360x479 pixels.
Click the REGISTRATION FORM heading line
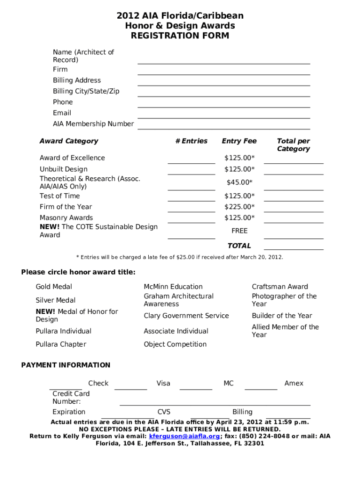click(x=180, y=36)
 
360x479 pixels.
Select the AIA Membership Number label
click(x=93, y=124)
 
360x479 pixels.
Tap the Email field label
click(x=62, y=113)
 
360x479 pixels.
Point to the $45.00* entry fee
click(x=239, y=182)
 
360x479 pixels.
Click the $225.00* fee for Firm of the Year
click(x=239, y=207)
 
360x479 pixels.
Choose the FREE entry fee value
click(x=239, y=231)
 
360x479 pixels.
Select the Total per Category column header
click(x=293, y=145)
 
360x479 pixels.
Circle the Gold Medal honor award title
click(x=54, y=287)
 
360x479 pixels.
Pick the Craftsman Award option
click(x=280, y=287)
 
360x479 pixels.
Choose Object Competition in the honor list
click(x=175, y=344)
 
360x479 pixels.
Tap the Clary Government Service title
click(x=186, y=316)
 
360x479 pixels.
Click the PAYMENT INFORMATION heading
click(x=66, y=365)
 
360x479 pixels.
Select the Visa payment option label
click(x=163, y=383)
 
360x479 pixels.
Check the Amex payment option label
click(x=294, y=383)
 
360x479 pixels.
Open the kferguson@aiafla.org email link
click(x=184, y=436)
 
